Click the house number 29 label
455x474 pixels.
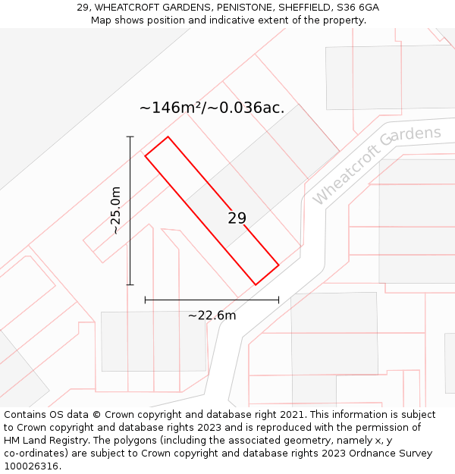pos(237,218)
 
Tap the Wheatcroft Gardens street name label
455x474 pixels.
pos(376,165)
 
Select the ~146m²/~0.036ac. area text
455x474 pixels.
pos(212,108)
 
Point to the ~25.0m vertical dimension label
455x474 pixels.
pos(115,211)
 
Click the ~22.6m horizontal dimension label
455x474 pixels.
pos(212,315)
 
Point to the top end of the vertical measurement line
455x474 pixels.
pos(130,137)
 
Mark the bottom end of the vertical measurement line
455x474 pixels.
pos(130,285)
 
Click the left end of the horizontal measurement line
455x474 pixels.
pos(145,300)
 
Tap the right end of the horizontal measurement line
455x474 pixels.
pos(279,300)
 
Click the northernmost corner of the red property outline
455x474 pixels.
pos(167,137)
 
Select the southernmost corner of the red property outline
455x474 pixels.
pos(256,285)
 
